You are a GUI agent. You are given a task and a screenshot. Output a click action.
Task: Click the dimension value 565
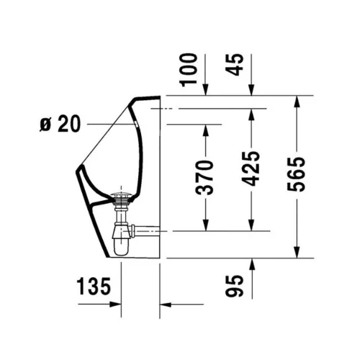297,174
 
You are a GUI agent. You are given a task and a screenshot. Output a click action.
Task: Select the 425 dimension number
251,168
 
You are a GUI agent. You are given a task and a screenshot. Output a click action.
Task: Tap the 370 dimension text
206,178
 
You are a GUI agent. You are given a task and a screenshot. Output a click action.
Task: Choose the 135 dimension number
95,287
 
